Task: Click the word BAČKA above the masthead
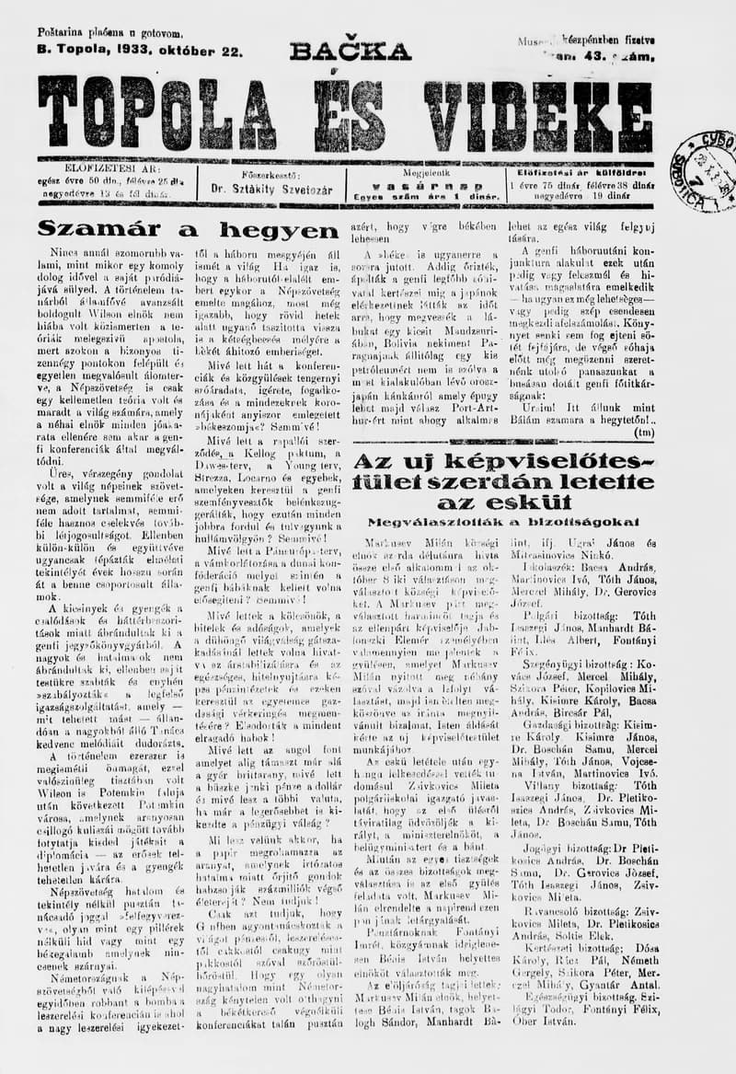coord(351,51)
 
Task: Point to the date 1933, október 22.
coord(184,51)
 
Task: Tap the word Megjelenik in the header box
coord(425,172)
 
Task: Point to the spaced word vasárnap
coord(425,184)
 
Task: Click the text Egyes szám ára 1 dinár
coord(425,196)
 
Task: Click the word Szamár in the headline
coord(99,230)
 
